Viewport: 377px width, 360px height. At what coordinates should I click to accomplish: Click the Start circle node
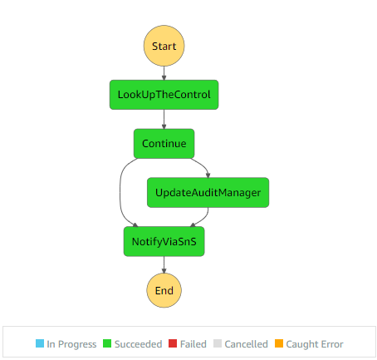tap(164, 46)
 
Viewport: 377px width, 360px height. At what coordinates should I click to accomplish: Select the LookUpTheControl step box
tap(164, 95)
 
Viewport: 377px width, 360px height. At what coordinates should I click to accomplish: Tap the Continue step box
tap(164, 144)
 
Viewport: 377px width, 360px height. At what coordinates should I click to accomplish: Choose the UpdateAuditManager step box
tap(208, 193)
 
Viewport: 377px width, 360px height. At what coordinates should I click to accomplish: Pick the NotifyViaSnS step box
tap(164, 241)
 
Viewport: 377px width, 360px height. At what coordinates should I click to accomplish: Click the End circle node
tap(164, 290)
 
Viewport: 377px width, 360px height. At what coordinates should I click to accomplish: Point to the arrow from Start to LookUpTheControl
tap(164, 73)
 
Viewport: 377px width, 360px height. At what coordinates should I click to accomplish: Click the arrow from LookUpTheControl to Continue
tap(164, 119)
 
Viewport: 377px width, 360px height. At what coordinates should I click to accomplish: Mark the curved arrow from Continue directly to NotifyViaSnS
tap(120, 193)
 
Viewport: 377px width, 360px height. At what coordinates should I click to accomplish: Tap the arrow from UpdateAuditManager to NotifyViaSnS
tap(204, 218)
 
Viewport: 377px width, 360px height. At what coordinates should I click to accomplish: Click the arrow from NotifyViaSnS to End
tap(164, 264)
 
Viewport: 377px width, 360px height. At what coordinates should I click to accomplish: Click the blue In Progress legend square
tap(40, 343)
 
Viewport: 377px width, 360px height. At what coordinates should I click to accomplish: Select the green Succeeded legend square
tap(107, 343)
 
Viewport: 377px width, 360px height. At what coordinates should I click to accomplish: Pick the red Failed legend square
tap(173, 343)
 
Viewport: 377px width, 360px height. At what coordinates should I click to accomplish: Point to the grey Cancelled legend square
tap(218, 343)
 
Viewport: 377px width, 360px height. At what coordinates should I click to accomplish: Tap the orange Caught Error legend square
tap(279, 343)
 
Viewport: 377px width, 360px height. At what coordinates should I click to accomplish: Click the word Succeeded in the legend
tap(138, 344)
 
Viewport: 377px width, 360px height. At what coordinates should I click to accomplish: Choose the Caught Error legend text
tap(315, 344)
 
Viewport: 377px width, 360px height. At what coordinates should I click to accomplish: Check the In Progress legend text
tap(71, 344)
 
